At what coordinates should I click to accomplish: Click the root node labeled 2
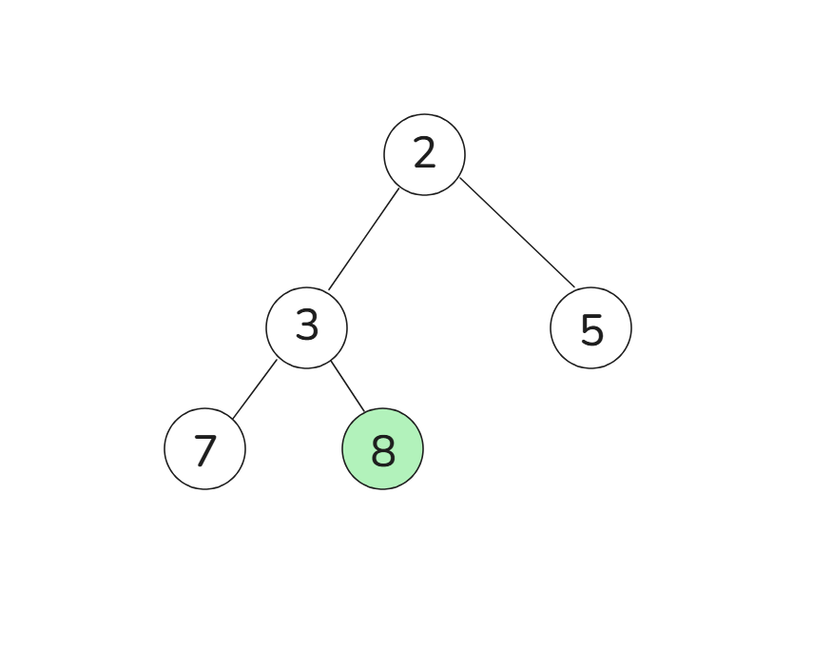tap(424, 154)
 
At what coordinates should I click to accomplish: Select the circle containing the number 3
tap(306, 327)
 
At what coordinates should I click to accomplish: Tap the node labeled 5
tap(590, 327)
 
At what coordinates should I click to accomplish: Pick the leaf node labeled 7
tap(204, 448)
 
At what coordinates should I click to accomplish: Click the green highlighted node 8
tap(382, 448)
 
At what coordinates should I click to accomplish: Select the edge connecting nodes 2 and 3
tap(364, 239)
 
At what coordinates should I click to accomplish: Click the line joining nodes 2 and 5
tap(517, 232)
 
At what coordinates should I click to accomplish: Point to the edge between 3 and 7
tap(255, 388)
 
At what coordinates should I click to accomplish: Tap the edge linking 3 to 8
tap(348, 386)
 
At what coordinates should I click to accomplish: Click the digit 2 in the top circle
tap(424, 154)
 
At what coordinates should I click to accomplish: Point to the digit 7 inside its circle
tap(204, 450)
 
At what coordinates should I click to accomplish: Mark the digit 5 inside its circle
tap(591, 330)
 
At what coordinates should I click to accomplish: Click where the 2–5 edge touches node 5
tap(574, 286)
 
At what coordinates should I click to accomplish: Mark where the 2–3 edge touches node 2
tap(399, 188)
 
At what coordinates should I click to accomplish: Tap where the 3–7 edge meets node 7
tap(233, 418)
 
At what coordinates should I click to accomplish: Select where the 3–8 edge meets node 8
tap(365, 412)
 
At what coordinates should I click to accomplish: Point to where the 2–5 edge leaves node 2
tap(460, 178)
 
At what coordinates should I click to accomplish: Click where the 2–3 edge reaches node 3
tap(329, 289)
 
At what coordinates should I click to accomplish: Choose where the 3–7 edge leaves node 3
tap(277, 360)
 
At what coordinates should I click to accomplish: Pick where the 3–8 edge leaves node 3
tap(331, 361)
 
